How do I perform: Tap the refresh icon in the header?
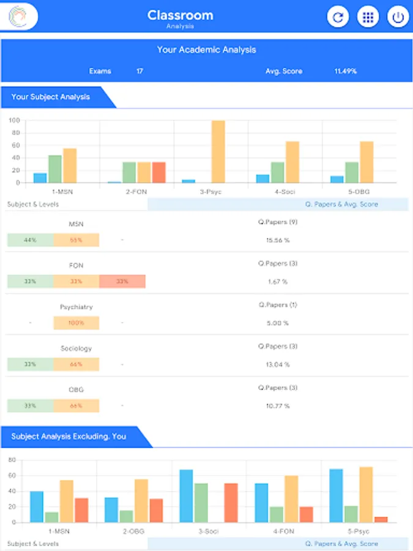click(338, 17)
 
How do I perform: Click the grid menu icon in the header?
click(368, 17)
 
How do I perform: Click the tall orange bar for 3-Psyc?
click(218, 151)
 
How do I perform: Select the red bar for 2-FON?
click(158, 172)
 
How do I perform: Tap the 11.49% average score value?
click(345, 71)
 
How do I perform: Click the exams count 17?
click(140, 71)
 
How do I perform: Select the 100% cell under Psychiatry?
click(76, 323)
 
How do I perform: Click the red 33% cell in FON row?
click(122, 281)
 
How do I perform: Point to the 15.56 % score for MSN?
click(278, 240)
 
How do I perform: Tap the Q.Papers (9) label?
click(273, 222)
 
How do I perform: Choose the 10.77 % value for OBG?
click(278, 406)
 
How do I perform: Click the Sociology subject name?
click(76, 348)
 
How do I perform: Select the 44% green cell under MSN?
click(30, 240)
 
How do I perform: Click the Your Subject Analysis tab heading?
click(51, 97)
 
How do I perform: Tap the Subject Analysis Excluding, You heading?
click(69, 437)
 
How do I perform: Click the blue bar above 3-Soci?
click(186, 496)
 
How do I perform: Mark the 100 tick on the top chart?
click(13, 121)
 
